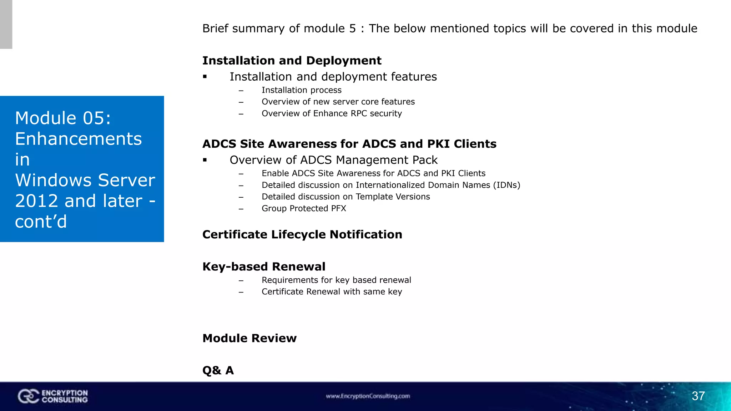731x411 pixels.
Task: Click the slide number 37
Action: pyautogui.click(x=698, y=396)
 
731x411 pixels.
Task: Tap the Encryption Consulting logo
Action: pyautogui.click(x=53, y=396)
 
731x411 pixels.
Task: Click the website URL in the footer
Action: pyautogui.click(x=368, y=396)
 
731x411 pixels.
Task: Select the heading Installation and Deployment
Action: pyautogui.click(x=292, y=61)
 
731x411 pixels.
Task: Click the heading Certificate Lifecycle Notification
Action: pyautogui.click(x=302, y=234)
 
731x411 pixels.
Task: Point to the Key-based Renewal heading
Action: pyautogui.click(x=264, y=267)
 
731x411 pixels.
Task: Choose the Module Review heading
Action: pyautogui.click(x=249, y=338)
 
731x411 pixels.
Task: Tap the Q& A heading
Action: pyautogui.click(x=218, y=370)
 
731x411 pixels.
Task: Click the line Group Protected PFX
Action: pyautogui.click(x=304, y=208)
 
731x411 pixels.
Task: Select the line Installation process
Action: pyautogui.click(x=301, y=90)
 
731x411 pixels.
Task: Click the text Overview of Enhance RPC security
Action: pyautogui.click(x=332, y=113)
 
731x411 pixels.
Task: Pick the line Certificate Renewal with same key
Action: pyautogui.click(x=332, y=292)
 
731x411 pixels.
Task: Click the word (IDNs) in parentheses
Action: pyautogui.click(x=506, y=185)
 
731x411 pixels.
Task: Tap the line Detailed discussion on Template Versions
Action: pyautogui.click(x=346, y=197)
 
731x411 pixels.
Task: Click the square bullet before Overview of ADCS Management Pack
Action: pyautogui.click(x=205, y=160)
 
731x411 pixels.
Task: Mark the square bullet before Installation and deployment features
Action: pyautogui.click(x=205, y=77)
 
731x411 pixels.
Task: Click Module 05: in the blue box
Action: pyautogui.click(x=63, y=118)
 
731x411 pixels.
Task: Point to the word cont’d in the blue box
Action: pyautogui.click(x=41, y=222)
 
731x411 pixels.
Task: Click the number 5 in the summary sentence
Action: pyautogui.click(x=352, y=29)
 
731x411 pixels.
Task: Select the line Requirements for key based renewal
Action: pyautogui.click(x=336, y=280)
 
